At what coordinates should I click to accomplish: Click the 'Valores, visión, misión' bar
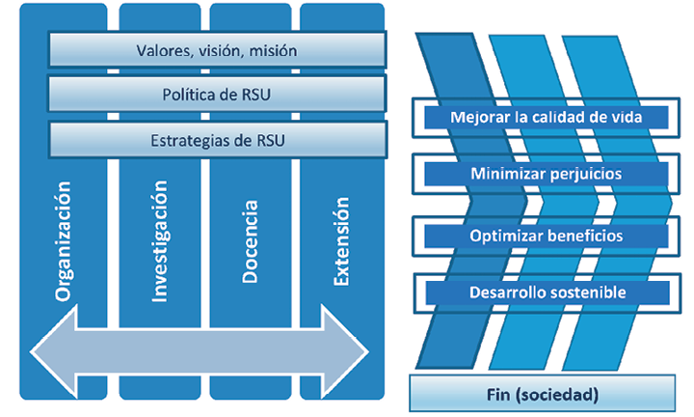[x=217, y=50]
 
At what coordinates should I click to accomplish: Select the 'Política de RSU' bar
[x=217, y=95]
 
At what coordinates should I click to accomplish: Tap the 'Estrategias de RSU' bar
[x=217, y=140]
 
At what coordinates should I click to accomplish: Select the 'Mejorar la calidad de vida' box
[x=547, y=118]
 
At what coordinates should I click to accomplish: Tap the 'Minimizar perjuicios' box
[x=547, y=175]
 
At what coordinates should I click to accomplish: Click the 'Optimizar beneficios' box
[x=547, y=235]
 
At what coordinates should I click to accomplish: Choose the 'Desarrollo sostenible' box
[x=547, y=292]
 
